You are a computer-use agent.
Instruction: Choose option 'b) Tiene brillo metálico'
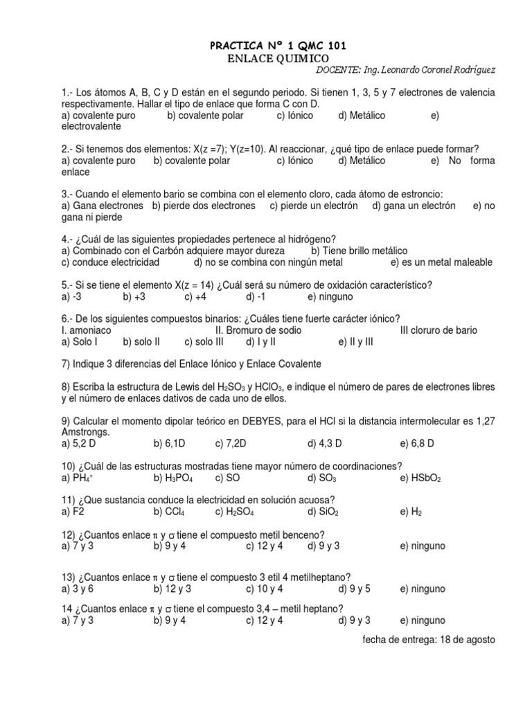(360, 251)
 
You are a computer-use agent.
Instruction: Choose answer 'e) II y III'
(356, 341)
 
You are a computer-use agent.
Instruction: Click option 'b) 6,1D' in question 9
(170, 444)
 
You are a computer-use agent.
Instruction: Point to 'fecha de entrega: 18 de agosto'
(429, 640)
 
